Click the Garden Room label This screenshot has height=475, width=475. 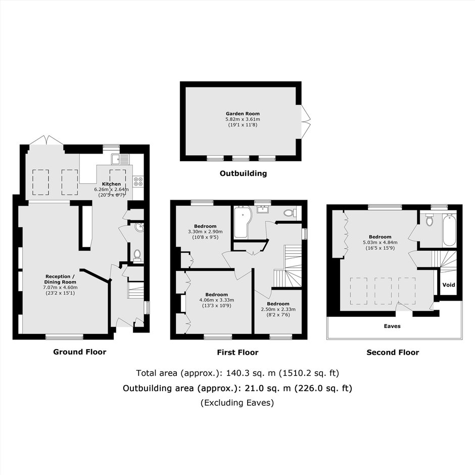click(x=243, y=114)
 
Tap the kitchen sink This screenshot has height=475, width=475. click(x=120, y=159)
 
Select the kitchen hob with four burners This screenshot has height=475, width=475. click(x=138, y=181)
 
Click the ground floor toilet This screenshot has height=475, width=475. click(x=137, y=255)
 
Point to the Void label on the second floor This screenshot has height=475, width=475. click(x=449, y=285)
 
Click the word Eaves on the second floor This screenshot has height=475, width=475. click(x=392, y=326)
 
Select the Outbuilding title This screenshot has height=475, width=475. click(x=243, y=174)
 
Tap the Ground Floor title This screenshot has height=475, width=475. click(x=80, y=352)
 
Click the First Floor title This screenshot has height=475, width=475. click(x=238, y=353)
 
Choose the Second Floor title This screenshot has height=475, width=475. click(x=393, y=353)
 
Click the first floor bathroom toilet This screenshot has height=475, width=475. click(x=290, y=213)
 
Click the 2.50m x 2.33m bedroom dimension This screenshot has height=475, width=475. click(x=278, y=309)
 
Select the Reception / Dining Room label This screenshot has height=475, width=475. click(x=60, y=279)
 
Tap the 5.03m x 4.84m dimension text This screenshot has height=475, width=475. click(x=380, y=243)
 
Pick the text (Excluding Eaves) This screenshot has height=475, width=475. click(x=237, y=403)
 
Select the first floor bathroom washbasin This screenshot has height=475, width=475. click(x=262, y=209)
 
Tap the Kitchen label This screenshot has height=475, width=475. click(x=112, y=184)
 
